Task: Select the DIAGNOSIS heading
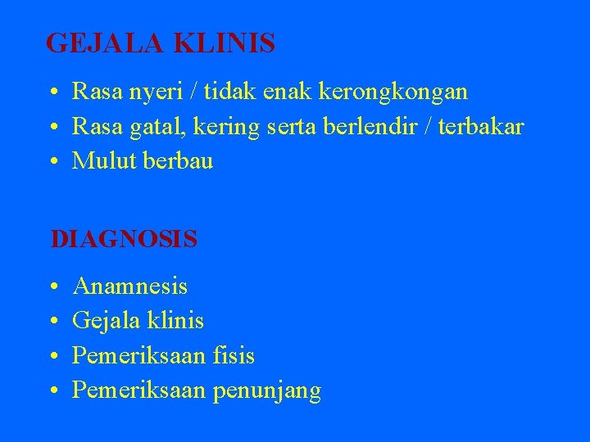coord(124,239)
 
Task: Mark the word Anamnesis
coord(129,286)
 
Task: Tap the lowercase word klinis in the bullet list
coord(176,322)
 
